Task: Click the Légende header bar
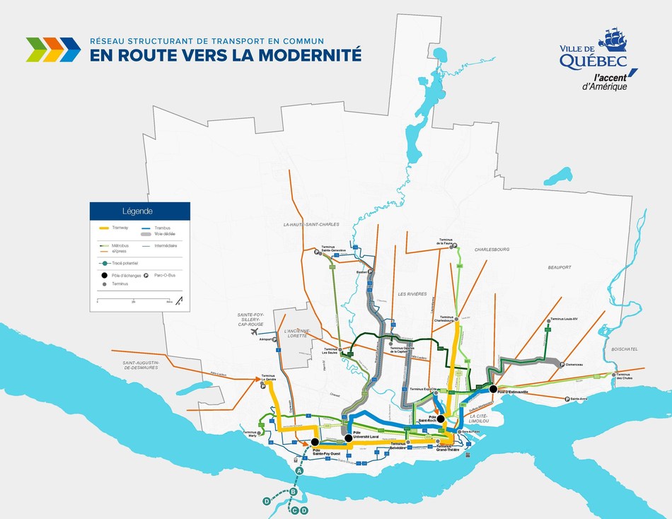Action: point(139,211)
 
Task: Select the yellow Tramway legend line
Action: point(104,228)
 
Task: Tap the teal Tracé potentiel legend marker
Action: point(105,262)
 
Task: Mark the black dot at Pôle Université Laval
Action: point(349,438)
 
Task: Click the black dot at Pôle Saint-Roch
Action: point(441,419)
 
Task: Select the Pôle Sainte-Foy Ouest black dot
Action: point(315,443)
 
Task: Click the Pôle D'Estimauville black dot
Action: point(492,389)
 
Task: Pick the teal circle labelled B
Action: point(293,491)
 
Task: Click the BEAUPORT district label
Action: point(558,267)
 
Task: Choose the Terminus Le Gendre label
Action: point(268,378)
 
